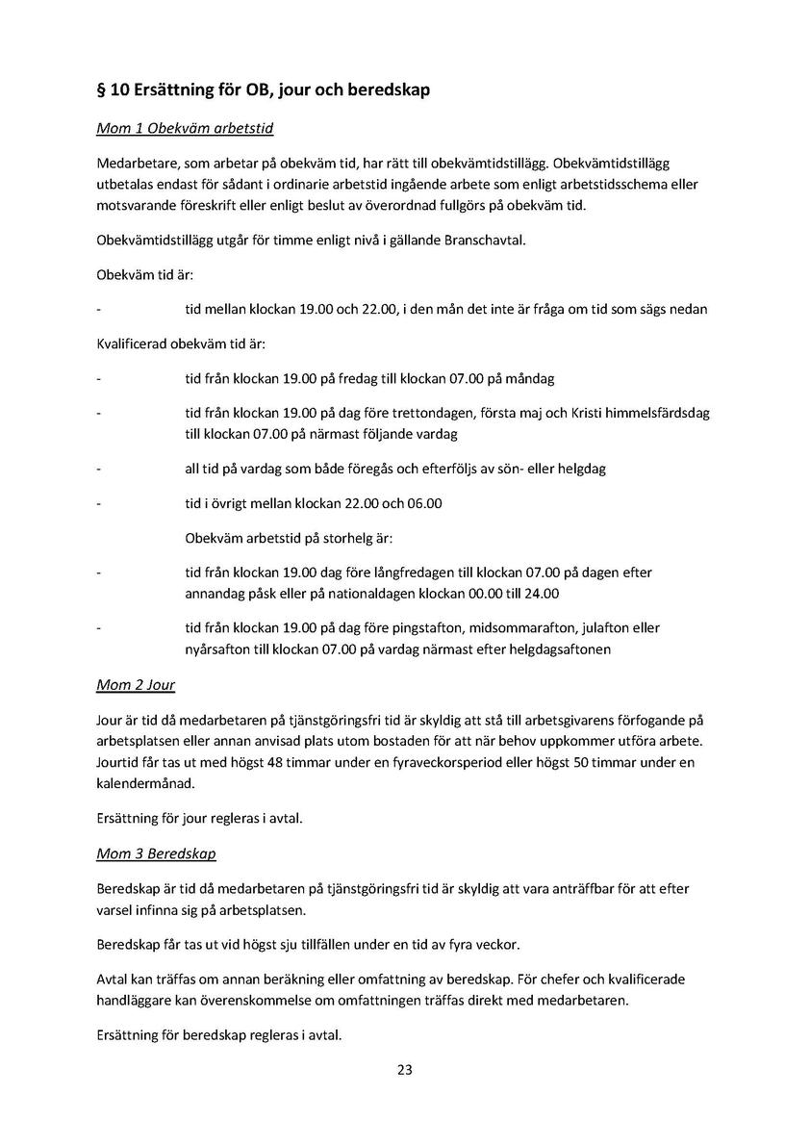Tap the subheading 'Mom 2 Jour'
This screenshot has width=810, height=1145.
[x=136, y=686]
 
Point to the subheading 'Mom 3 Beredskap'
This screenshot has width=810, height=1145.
[x=156, y=853]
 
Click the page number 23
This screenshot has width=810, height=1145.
[x=405, y=1069]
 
